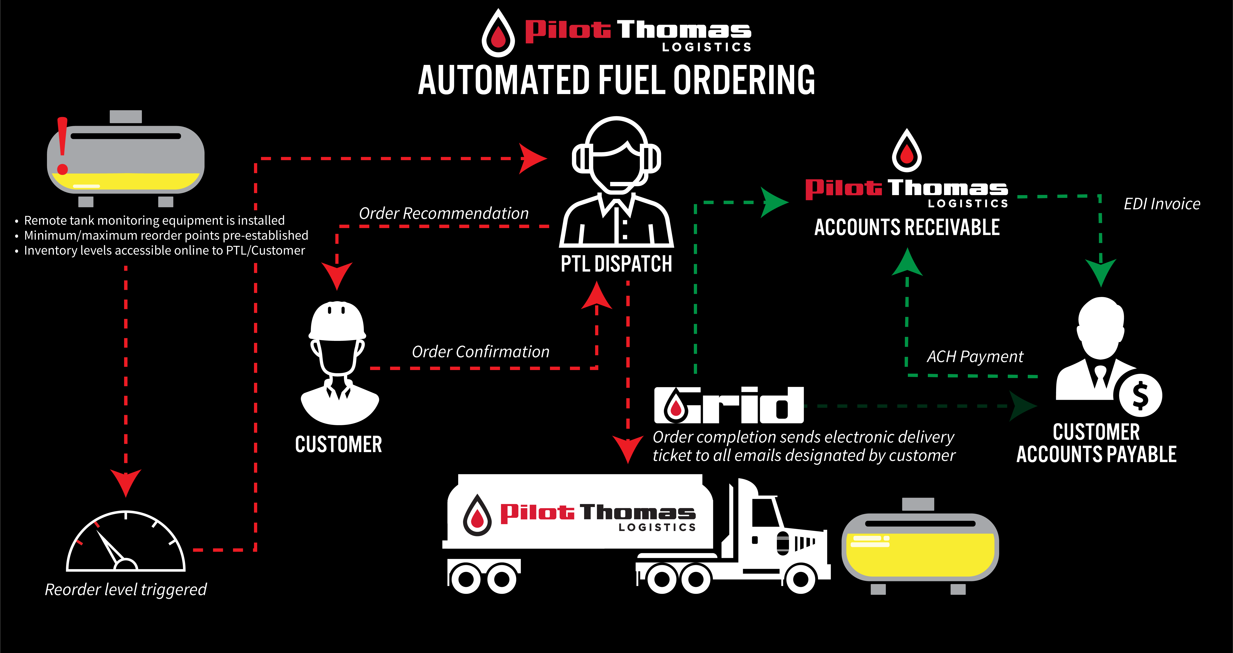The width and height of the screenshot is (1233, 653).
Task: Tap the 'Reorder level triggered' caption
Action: point(125,589)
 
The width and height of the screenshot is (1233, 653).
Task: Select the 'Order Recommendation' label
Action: point(444,213)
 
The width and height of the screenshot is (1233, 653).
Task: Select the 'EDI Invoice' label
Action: point(1162,204)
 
